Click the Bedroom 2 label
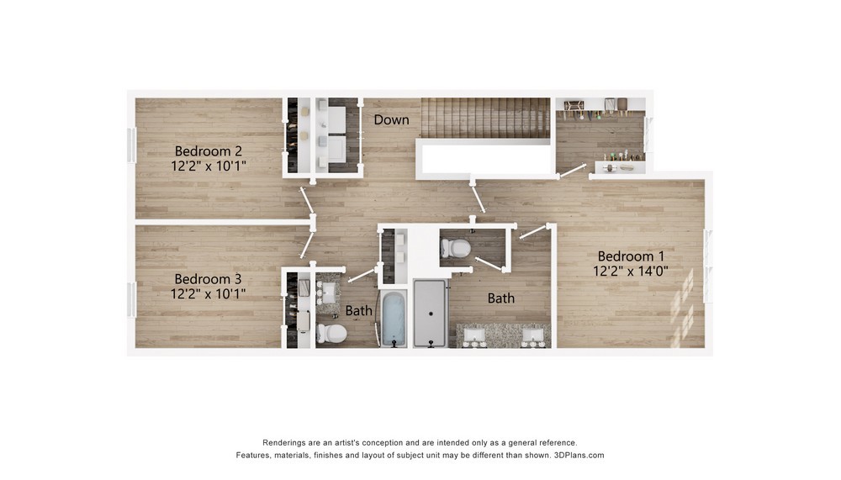pyautogui.click(x=208, y=151)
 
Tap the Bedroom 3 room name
pyautogui.click(x=208, y=279)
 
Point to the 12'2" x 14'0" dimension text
pyautogui.click(x=631, y=271)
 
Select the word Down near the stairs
pyautogui.click(x=392, y=119)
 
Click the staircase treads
pyautogui.click(x=485, y=118)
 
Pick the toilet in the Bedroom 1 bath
pyautogui.click(x=456, y=248)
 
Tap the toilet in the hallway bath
pyautogui.click(x=331, y=333)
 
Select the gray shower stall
pyautogui.click(x=430, y=314)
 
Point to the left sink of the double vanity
pyautogui.click(x=474, y=335)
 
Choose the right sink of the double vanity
pyautogui.click(x=533, y=335)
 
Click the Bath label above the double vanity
pyautogui.click(x=501, y=298)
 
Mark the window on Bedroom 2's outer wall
pyautogui.click(x=131, y=145)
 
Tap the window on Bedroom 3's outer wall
pyautogui.click(x=131, y=298)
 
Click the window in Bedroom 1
pyautogui.click(x=708, y=266)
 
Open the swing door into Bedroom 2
pyautogui.click(x=307, y=200)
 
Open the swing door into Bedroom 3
pyautogui.click(x=307, y=245)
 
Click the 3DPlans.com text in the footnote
pyautogui.click(x=579, y=456)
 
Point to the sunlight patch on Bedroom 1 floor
pyautogui.click(x=682, y=308)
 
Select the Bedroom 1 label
pyautogui.click(x=631, y=256)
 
